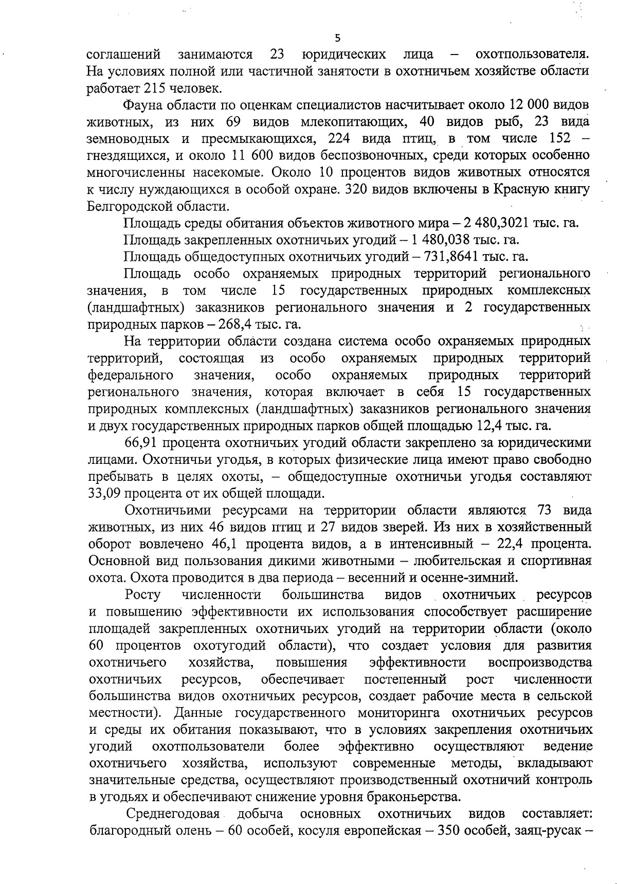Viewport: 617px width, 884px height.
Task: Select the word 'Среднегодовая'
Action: click(173, 814)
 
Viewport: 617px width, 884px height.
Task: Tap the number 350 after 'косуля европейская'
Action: click(450, 831)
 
